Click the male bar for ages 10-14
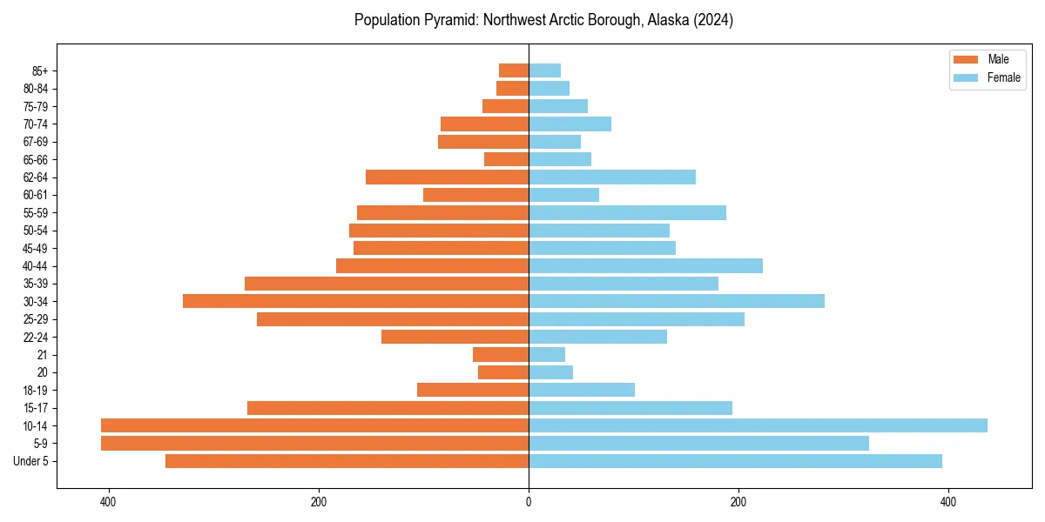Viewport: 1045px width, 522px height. tap(314, 425)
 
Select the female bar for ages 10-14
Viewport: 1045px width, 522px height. tap(758, 425)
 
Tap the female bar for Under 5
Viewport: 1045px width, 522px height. tap(735, 461)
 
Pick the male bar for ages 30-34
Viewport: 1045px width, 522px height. tap(355, 301)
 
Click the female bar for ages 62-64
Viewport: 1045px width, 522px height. tap(612, 177)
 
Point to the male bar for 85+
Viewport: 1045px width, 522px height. tap(514, 70)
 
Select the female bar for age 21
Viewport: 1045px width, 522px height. tap(547, 354)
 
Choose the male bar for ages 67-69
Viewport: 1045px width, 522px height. tap(483, 142)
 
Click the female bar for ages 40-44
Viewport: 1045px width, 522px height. tap(645, 265)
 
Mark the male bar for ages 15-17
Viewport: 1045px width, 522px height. tap(388, 408)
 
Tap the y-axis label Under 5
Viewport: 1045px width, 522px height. tap(30, 461)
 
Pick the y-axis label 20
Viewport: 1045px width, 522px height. tap(42, 372)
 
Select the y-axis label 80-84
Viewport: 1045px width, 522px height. tap(36, 89)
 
